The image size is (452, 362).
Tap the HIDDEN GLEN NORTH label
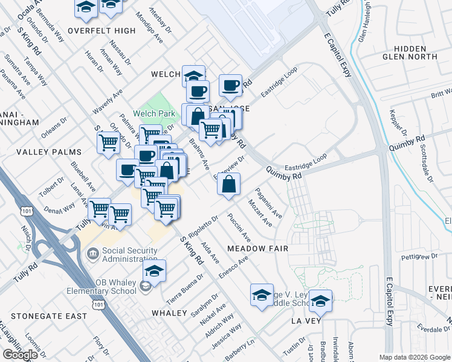point(414,52)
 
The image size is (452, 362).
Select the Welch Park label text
point(154,113)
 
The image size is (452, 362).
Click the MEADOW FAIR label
point(257,249)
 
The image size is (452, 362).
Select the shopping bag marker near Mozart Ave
point(229,185)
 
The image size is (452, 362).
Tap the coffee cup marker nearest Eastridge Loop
point(230,86)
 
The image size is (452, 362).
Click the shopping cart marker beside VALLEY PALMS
point(108,144)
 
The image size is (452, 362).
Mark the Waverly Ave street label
point(108,103)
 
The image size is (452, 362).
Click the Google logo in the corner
point(20,355)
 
